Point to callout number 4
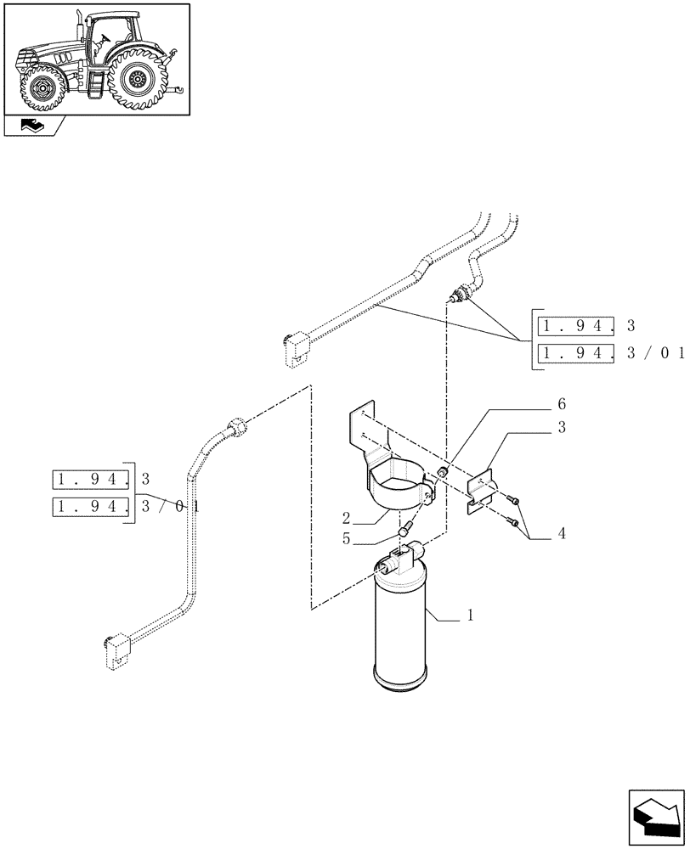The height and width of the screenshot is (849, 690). (562, 535)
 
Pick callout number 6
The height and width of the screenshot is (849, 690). (562, 404)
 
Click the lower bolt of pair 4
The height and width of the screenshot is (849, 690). (515, 522)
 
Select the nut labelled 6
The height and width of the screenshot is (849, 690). (443, 472)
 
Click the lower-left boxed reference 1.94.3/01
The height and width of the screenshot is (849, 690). (91, 508)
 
